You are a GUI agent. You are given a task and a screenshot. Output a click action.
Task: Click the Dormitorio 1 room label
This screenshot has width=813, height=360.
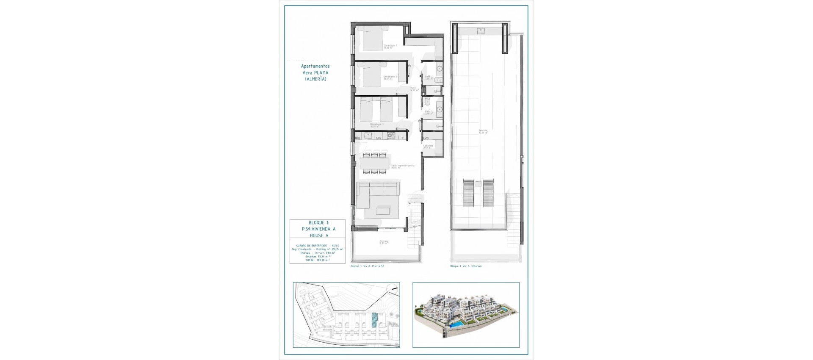[x=390, y=46]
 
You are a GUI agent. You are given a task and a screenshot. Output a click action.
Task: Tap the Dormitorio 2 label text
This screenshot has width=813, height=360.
[x=390, y=78]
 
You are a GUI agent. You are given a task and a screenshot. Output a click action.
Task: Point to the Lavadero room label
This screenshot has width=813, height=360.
[x=428, y=147]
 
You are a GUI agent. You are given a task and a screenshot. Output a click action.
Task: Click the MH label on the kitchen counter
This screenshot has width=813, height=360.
[x=357, y=138]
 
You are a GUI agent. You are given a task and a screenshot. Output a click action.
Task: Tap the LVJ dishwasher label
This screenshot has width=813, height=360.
[x=379, y=138]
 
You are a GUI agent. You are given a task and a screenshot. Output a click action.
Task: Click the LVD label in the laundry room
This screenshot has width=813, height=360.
[x=426, y=138]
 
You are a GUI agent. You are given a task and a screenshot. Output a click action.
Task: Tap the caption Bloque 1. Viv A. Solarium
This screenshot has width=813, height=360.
[x=466, y=266]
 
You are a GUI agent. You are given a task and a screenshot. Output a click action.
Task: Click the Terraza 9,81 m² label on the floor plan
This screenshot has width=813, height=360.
[x=384, y=242]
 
